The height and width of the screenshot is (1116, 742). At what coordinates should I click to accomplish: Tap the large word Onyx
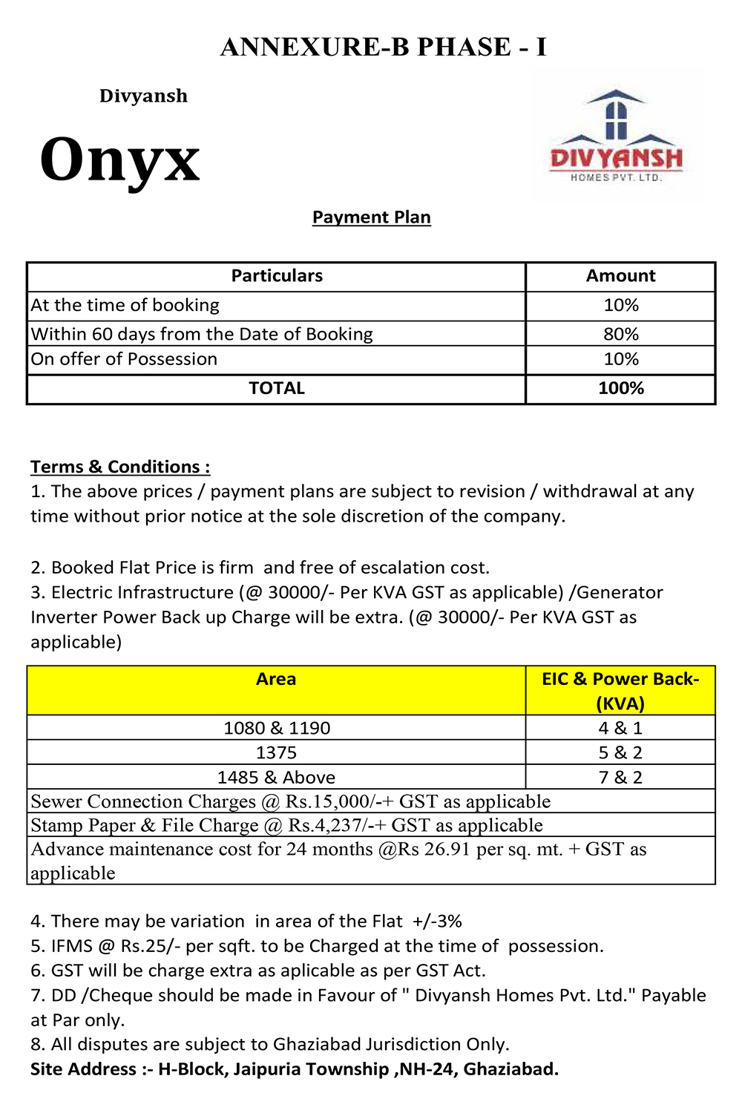pos(120,160)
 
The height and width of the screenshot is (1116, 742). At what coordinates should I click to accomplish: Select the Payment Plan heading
pos(371,217)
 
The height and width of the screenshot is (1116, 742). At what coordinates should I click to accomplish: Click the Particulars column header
pos(277,276)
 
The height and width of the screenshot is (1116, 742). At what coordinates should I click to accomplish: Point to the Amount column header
pos(620,276)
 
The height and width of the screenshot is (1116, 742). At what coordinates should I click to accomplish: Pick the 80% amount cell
pos(620,334)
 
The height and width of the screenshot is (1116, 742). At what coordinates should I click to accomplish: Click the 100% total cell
pos(620,388)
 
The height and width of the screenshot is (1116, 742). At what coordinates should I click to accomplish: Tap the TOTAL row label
pos(277,388)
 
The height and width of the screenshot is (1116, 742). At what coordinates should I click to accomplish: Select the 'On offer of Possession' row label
pos(124,359)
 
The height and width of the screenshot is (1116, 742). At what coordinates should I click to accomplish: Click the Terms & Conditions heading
pos(120,467)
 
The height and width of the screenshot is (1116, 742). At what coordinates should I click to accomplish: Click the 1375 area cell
pos(276,753)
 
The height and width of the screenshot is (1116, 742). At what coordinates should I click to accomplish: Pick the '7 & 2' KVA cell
pos(620,778)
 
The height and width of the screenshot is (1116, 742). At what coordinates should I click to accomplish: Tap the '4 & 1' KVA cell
pos(620,728)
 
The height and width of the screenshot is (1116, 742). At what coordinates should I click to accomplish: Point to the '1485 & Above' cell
pos(276,778)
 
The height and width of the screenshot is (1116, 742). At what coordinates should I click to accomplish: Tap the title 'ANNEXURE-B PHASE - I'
pos(384,47)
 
